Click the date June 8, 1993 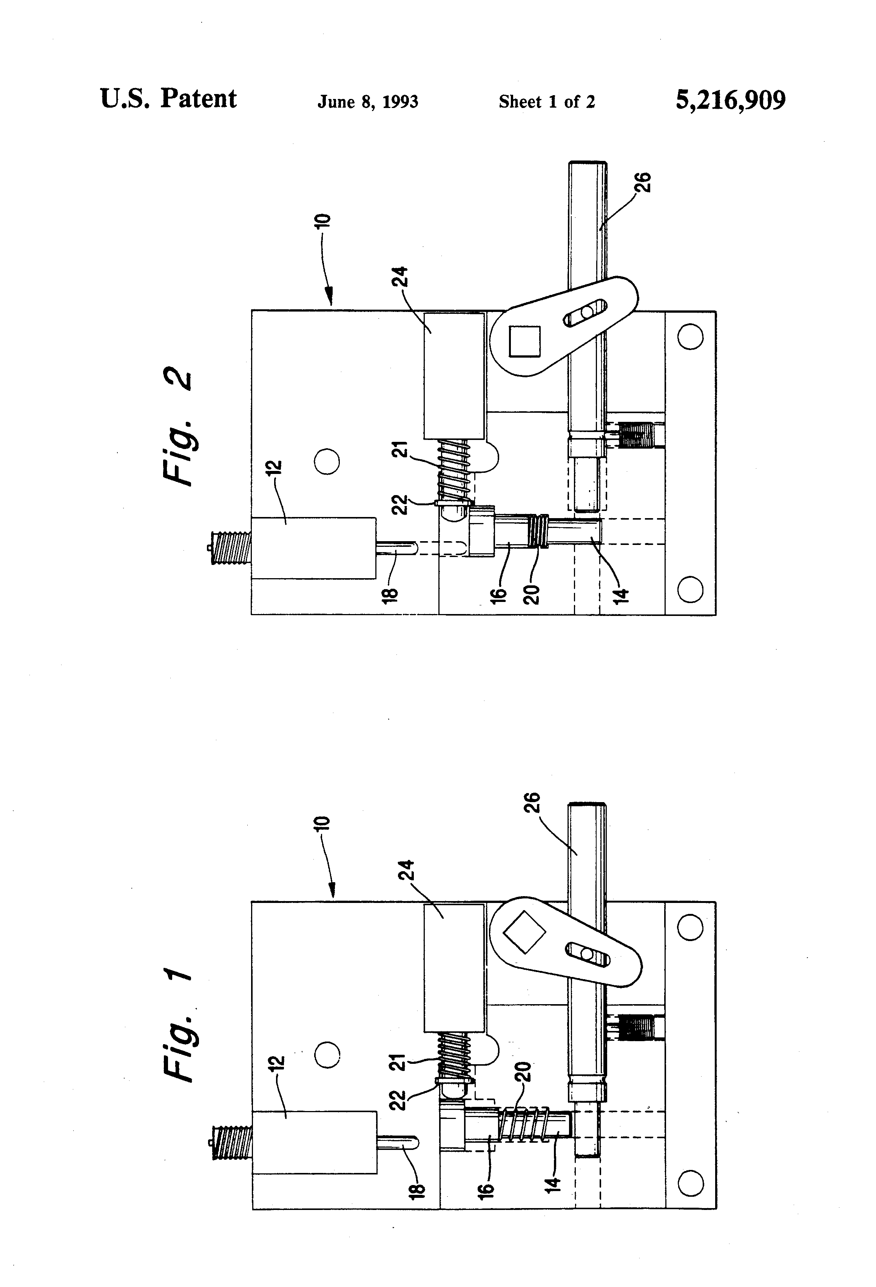(368, 102)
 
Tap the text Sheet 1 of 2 (546, 102)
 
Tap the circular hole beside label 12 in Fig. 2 (327, 461)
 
